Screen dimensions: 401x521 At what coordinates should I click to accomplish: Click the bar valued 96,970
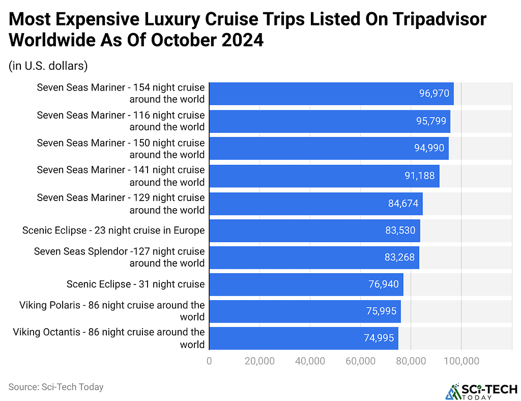pyautogui.click(x=331, y=94)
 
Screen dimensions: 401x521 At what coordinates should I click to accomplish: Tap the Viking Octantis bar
pyautogui.click(x=303, y=338)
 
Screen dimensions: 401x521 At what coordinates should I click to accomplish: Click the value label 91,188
pyautogui.click(x=420, y=176)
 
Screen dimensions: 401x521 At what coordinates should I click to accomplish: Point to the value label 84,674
pyautogui.click(x=403, y=204)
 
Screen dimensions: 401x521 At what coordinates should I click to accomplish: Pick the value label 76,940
pyautogui.click(x=384, y=284)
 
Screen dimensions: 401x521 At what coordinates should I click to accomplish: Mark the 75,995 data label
pyautogui.click(x=381, y=311)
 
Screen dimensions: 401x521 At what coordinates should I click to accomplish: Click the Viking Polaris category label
pyautogui.click(x=112, y=311)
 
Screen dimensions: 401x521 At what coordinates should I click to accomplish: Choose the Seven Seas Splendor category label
pyautogui.click(x=119, y=257)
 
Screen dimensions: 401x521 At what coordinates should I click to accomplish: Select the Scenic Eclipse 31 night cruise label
pyautogui.click(x=135, y=284)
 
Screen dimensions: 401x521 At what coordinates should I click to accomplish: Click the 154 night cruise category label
pyautogui.click(x=121, y=94)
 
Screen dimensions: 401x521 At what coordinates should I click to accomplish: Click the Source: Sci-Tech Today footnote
pyautogui.click(x=56, y=387)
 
